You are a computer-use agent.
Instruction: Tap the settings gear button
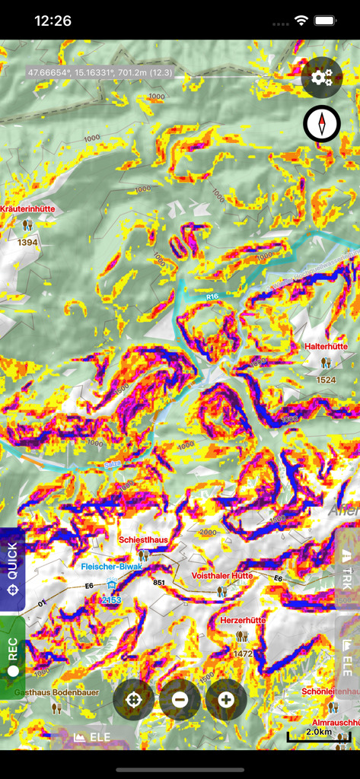[322, 77]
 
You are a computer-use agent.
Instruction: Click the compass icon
[322, 124]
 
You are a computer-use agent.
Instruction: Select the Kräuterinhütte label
[28, 208]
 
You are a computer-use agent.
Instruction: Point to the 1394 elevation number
[27, 242]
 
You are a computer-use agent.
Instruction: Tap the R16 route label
[212, 297]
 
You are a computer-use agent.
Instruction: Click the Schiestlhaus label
[143, 539]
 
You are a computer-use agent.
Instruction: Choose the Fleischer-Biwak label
[113, 567]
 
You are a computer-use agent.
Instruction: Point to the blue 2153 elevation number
[112, 600]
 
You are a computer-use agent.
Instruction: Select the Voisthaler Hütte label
[221, 576]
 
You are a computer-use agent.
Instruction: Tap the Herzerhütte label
[242, 620]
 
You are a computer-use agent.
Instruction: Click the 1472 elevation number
[242, 653]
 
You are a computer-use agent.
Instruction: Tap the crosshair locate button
[134, 699]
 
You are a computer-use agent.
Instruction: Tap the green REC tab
[12, 657]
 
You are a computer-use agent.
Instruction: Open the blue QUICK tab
[12, 569]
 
